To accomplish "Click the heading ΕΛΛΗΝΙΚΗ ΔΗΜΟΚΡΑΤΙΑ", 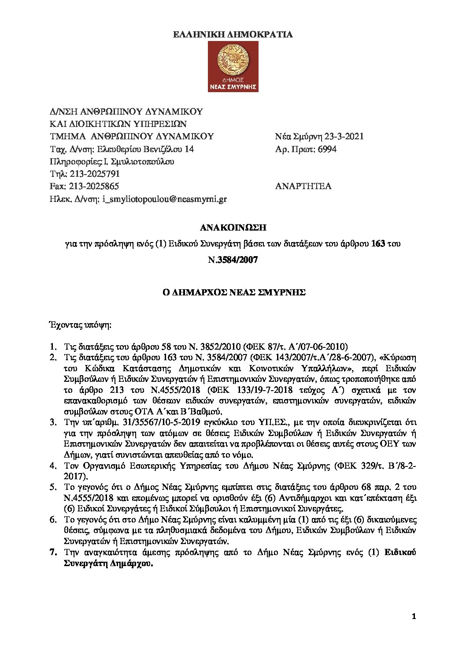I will tap(233, 35).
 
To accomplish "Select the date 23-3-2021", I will tap(344, 137).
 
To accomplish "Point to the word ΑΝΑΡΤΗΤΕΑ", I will tap(303, 186).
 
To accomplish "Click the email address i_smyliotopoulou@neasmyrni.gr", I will tap(164, 199).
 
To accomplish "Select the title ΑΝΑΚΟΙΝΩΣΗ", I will tap(233, 228).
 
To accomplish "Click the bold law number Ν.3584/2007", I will tap(233, 260).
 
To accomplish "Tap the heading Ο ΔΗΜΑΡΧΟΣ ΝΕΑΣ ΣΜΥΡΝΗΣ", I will tap(233, 292).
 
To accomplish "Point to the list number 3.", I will tap(53, 422).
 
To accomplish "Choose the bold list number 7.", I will tap(53, 552).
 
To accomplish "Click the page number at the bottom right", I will tap(413, 616).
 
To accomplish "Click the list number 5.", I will tap(53, 487).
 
